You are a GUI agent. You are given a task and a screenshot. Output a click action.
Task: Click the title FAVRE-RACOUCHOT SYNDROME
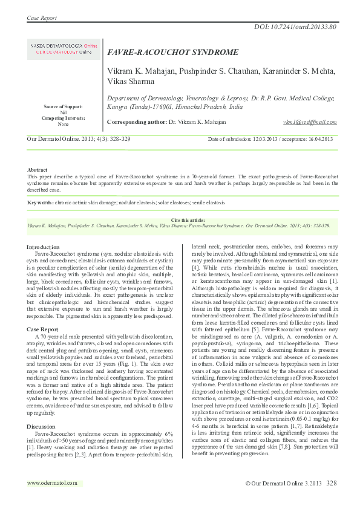click(x=173, y=53)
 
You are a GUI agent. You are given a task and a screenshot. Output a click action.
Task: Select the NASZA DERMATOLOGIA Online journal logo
click(x=64, y=49)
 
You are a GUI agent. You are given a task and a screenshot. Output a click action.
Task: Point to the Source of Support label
click(x=64, y=107)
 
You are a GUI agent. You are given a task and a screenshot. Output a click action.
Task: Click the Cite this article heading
click(x=180, y=219)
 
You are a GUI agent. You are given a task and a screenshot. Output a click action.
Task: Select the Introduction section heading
click(x=43, y=247)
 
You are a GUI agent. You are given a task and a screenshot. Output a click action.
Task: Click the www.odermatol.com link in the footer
click(x=53, y=483)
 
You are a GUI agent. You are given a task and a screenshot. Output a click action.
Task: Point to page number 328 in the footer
click(x=332, y=484)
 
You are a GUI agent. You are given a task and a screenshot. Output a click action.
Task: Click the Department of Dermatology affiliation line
click(x=220, y=98)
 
